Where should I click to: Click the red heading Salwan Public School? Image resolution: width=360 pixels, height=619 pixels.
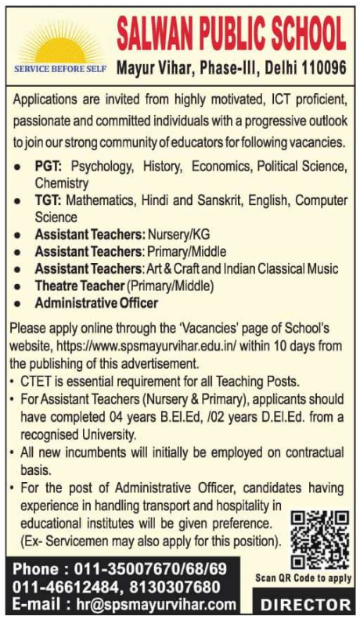[231, 33]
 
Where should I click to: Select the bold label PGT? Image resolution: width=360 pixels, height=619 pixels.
[49, 167]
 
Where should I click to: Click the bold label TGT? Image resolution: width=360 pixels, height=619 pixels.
[49, 200]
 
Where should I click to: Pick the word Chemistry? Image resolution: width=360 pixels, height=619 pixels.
[62, 182]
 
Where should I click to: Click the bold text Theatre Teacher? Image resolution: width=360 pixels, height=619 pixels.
[79, 286]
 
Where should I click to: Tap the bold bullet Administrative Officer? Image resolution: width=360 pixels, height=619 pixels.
[96, 303]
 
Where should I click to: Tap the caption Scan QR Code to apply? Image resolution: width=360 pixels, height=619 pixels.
[304, 578]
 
